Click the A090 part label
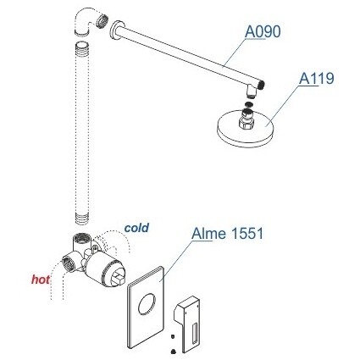[263, 31]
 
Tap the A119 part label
[317, 78]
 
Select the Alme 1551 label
[227, 234]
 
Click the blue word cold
[136, 228]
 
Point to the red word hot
[41, 280]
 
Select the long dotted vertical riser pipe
[82, 133]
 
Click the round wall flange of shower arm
[115, 30]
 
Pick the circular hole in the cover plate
[147, 304]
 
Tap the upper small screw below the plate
[173, 336]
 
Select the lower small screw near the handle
[173, 352]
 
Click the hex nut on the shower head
[246, 123]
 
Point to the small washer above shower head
[247, 104]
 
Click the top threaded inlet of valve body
[82, 237]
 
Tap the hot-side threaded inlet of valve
[68, 263]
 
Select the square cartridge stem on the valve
[118, 278]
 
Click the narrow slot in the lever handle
[195, 335]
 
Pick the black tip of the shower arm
[263, 85]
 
